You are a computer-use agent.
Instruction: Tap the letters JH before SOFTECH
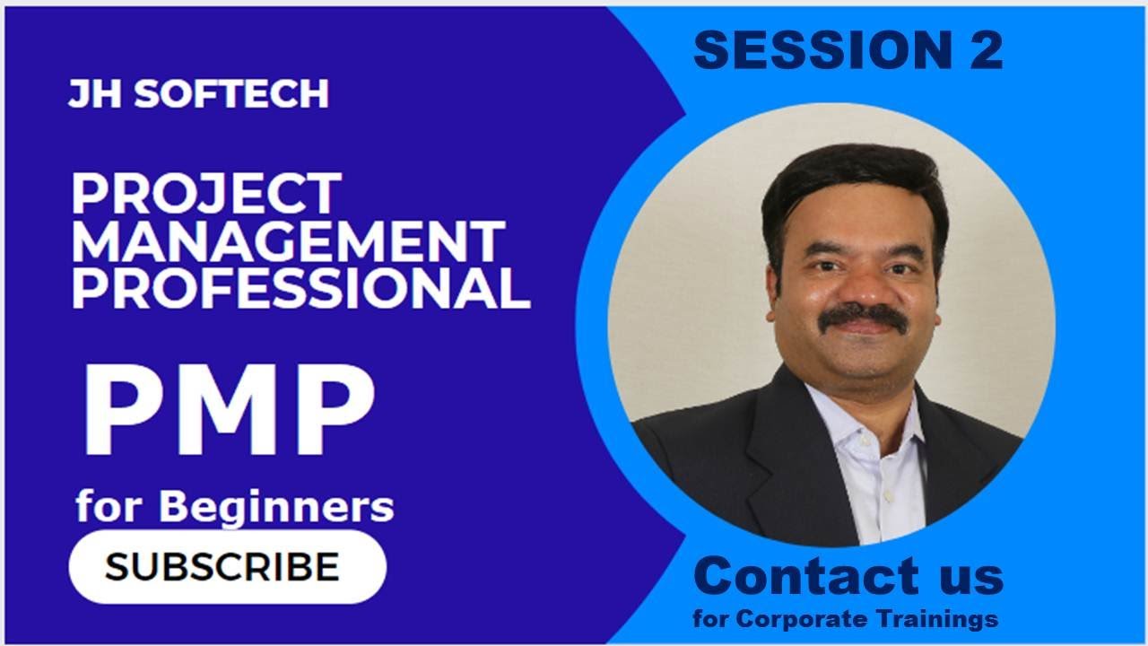point(91,93)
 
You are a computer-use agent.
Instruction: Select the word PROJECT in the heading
point(206,193)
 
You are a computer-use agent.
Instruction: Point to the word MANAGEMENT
point(287,240)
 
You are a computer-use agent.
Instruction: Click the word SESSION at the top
point(808,51)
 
